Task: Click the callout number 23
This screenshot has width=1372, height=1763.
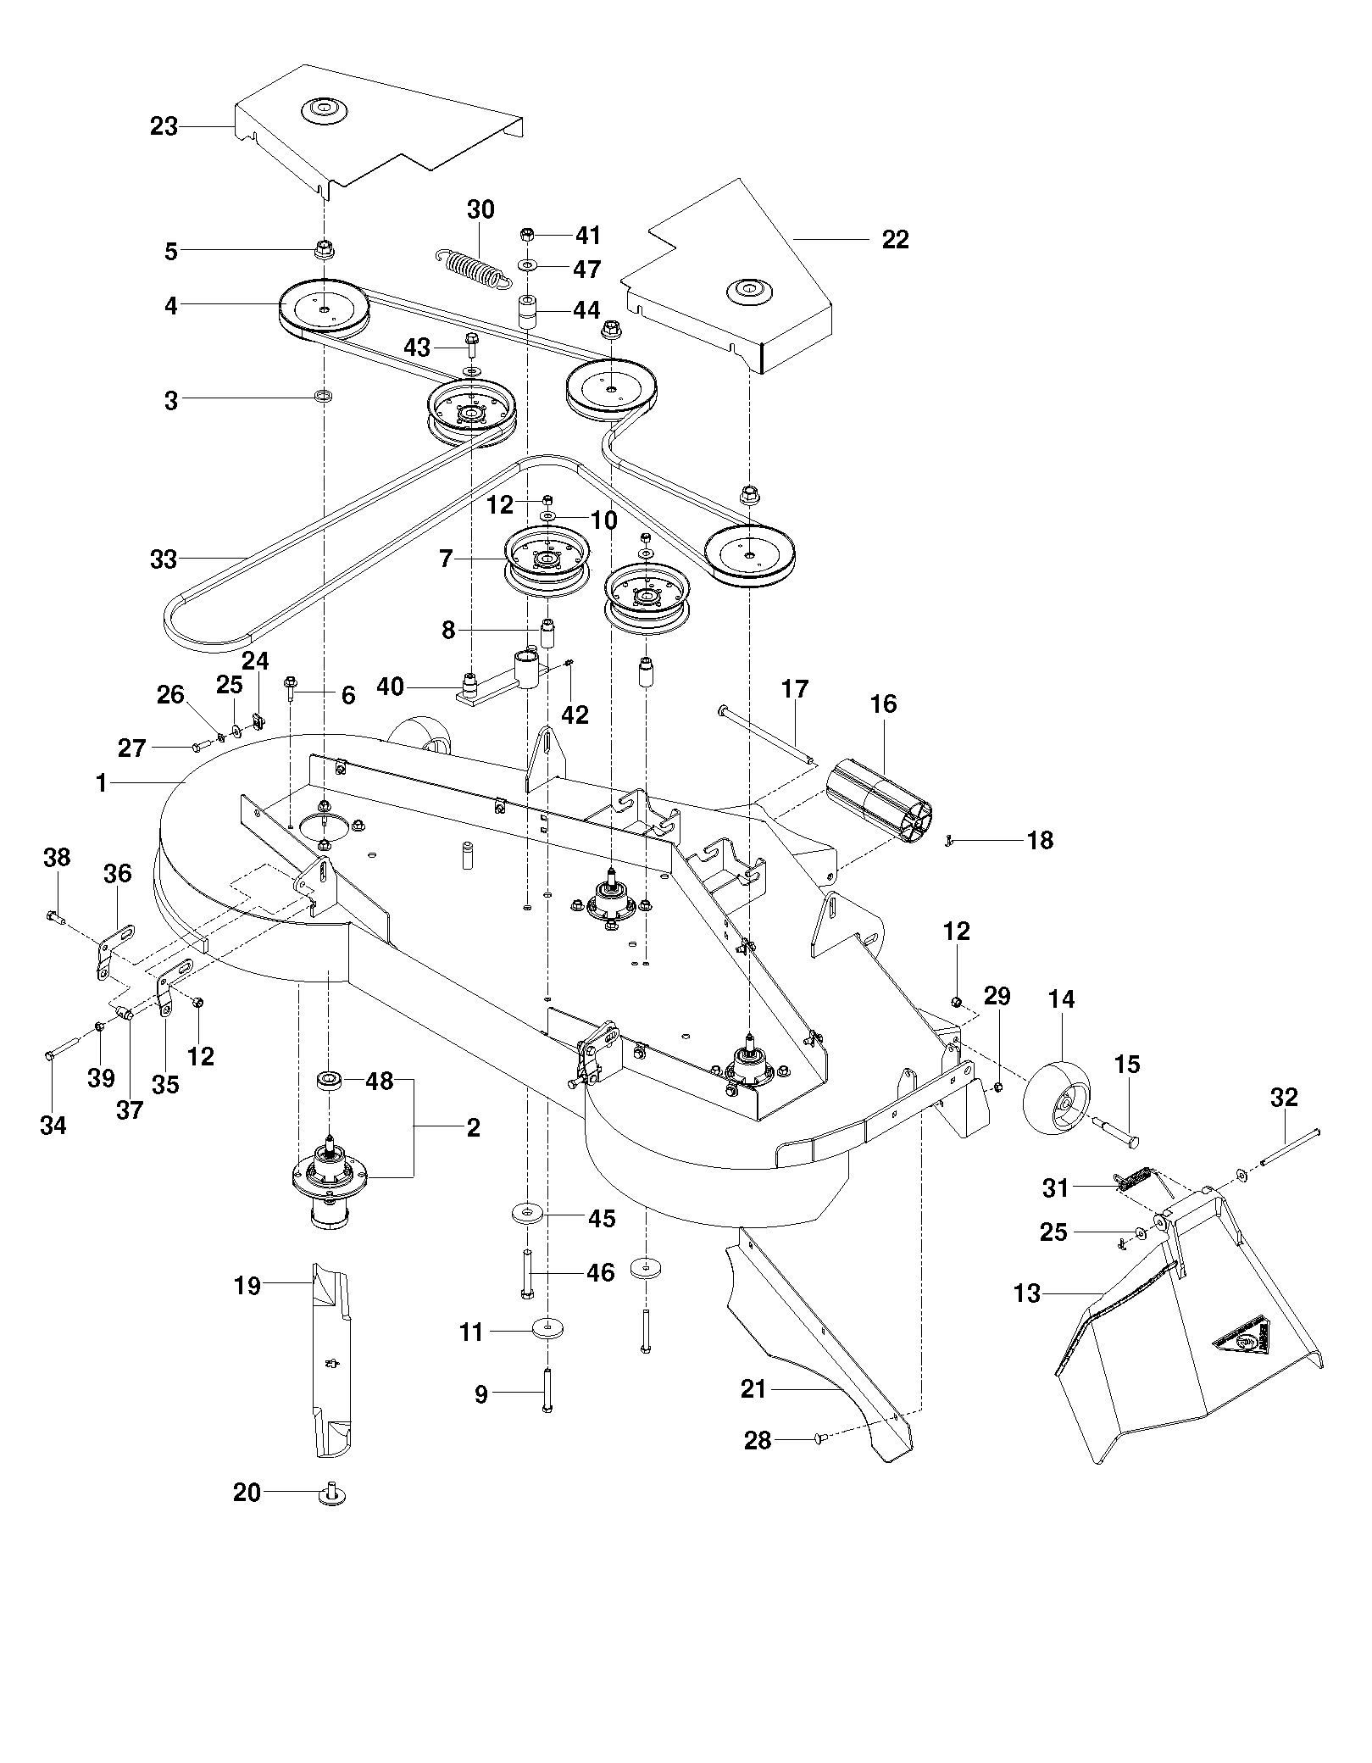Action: [164, 126]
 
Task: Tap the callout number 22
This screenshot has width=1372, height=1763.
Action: [895, 240]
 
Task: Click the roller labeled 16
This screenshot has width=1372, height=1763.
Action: [882, 801]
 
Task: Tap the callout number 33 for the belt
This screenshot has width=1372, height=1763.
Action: [164, 559]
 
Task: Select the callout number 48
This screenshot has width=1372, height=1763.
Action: [380, 1082]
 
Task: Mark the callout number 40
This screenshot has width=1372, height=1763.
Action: [390, 687]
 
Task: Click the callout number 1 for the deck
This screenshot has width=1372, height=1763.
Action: [102, 783]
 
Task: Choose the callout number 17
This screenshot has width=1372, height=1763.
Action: [795, 689]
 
